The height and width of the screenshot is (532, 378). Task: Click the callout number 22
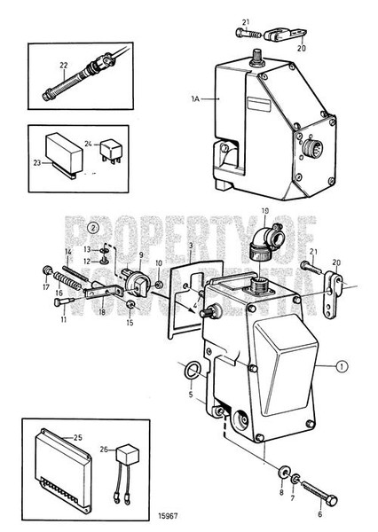63,64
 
